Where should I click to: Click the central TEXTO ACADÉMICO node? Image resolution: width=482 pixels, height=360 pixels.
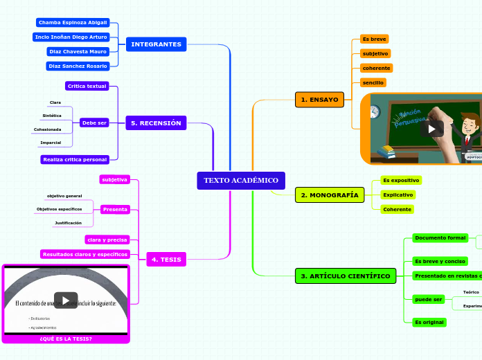point(240,181)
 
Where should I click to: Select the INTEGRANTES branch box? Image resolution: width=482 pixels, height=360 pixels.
point(156,44)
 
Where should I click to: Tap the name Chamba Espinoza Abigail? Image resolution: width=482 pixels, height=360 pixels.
point(73,23)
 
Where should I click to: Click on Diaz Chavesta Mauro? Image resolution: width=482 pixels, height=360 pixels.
point(78,51)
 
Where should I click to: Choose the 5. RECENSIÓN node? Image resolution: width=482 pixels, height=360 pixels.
point(156,123)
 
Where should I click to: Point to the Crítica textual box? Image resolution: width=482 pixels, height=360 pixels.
point(87,87)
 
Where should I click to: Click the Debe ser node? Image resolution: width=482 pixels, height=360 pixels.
point(94,123)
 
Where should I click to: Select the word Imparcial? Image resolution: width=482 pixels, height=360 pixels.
point(51,143)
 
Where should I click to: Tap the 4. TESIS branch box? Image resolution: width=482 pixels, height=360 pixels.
point(166,260)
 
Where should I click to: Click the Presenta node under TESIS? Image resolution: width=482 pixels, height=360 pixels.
point(114,209)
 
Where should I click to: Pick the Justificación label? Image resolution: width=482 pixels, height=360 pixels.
point(68,223)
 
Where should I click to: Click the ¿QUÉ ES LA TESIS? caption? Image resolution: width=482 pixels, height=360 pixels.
point(66,339)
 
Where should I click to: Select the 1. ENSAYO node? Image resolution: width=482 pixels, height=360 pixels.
point(319,100)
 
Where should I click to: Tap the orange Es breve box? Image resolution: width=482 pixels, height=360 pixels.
point(374,39)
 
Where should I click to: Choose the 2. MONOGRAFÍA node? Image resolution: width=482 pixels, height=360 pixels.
point(330,195)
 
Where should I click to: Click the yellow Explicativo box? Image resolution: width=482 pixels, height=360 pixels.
point(398,195)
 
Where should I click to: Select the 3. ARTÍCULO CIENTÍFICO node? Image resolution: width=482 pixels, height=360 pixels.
point(345,276)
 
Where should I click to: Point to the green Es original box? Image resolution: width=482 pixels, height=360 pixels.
point(429,322)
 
